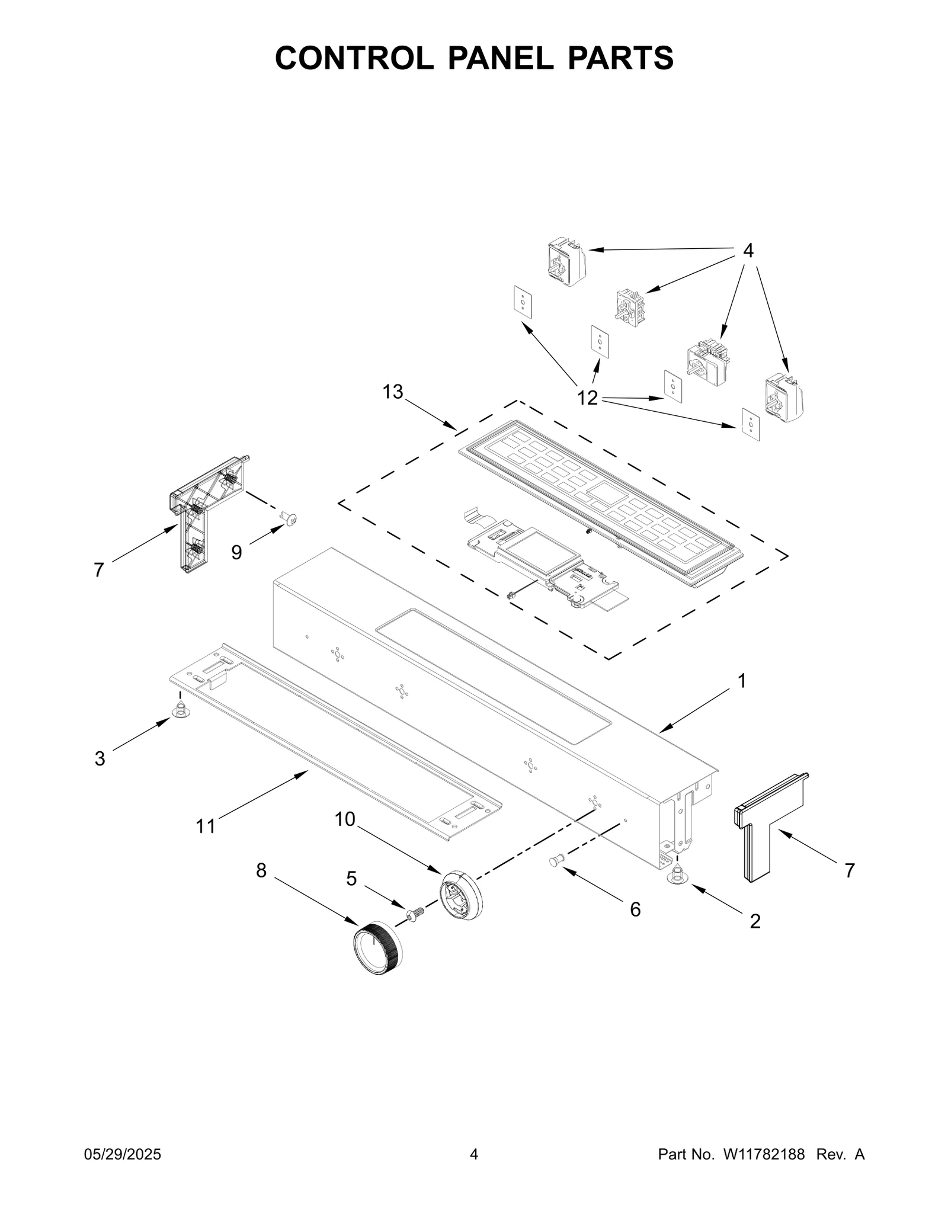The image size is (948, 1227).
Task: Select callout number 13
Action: [392, 392]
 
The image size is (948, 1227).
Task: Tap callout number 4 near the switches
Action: [748, 251]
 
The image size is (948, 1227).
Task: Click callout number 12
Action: [587, 398]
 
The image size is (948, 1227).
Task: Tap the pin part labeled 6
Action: [557, 860]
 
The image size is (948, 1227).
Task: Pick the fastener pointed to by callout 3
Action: [180, 709]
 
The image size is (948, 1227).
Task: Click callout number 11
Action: [206, 826]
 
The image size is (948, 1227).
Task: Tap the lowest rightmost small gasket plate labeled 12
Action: [751, 424]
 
